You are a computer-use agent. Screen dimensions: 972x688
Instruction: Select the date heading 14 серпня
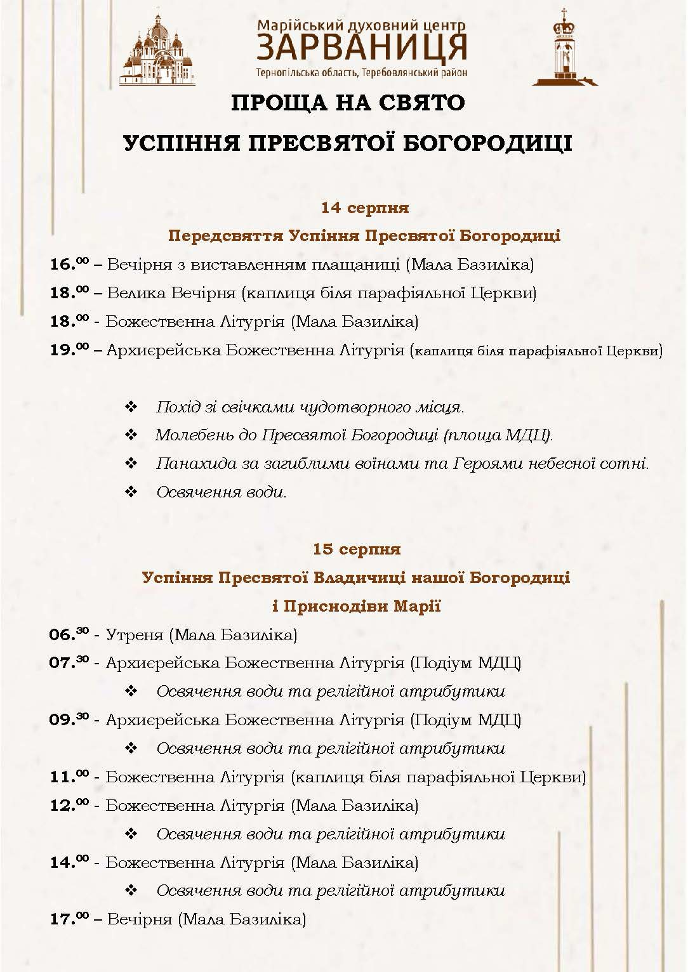coord(364,207)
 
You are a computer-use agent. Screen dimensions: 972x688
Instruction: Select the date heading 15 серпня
coord(356,549)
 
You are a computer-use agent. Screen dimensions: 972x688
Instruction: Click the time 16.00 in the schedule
coord(69,264)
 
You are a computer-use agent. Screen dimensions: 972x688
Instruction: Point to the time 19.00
coord(69,350)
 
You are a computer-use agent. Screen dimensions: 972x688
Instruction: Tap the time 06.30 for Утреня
coord(69,634)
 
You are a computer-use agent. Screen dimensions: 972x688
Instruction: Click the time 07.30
coord(69,662)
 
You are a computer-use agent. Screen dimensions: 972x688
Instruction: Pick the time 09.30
coord(69,719)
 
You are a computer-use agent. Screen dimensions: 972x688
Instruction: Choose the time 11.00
coord(69,777)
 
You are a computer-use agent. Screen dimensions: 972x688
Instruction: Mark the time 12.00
coord(69,805)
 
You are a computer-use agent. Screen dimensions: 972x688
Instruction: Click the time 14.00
coord(69,862)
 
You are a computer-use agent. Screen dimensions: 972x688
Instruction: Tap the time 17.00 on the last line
coord(69,919)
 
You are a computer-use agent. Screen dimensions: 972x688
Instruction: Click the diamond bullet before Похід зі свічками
coord(131,407)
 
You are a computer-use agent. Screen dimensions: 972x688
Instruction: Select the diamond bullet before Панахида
coord(131,464)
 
